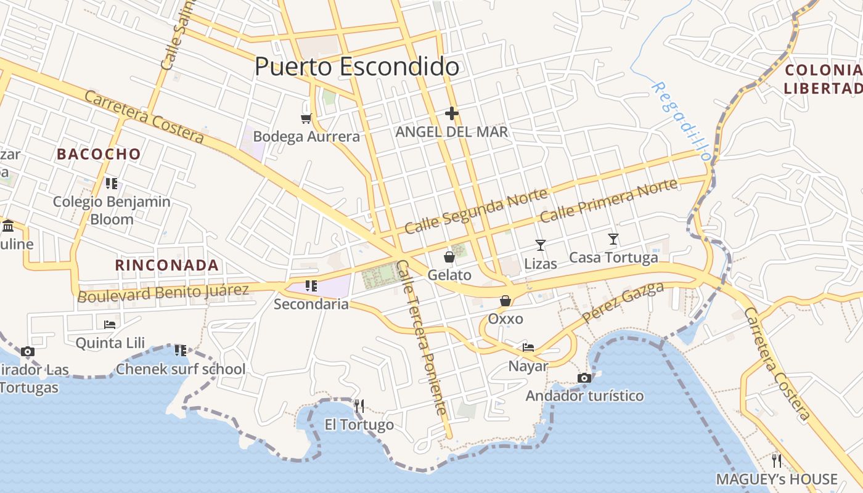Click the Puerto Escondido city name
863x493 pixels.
[357, 67]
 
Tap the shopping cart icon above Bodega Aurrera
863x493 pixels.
[306, 118]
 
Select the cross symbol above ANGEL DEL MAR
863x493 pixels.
[452, 113]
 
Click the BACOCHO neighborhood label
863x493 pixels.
[99, 154]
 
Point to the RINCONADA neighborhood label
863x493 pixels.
[167, 266]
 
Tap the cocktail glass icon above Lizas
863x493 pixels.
[541, 245]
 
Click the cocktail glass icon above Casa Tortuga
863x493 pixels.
[613, 239]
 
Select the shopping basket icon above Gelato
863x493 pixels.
[449, 256]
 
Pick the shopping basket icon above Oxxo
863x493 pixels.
[505, 301]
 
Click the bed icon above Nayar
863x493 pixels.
[528, 348]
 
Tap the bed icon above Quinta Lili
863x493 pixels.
[110, 324]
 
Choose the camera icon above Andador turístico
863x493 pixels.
[584, 378]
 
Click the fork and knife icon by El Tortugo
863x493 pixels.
[359, 405]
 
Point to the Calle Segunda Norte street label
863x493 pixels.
[476, 211]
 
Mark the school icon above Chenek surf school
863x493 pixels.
[181, 351]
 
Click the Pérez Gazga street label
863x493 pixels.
[623, 303]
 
